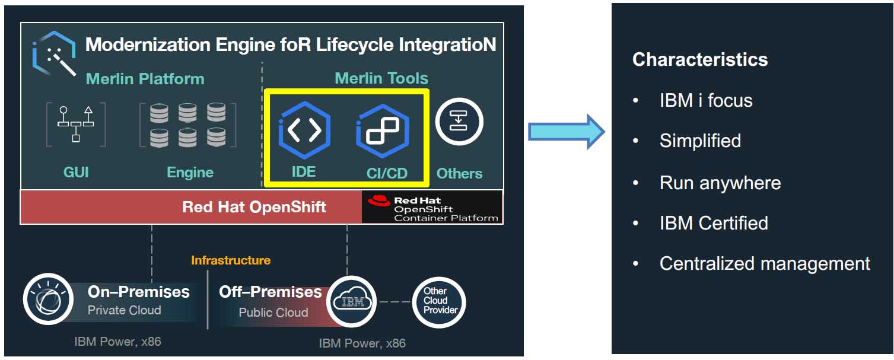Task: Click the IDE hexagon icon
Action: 304,130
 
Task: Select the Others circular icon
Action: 459,122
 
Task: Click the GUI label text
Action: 76,173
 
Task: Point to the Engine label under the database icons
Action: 190,173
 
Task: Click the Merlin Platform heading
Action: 145,79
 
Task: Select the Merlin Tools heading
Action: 381,78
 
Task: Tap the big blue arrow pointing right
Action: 565,132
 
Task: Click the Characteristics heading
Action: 700,59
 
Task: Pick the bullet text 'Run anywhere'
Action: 720,183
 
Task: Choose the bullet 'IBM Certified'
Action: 714,223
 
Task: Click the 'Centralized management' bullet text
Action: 765,263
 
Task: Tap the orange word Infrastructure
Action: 231,260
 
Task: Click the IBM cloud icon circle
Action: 352,301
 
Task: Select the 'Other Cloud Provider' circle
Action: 439,302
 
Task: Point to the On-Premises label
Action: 139,292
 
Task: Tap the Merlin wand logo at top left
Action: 54,53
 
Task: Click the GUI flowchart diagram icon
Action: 75,124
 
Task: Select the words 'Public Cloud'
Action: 273,313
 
